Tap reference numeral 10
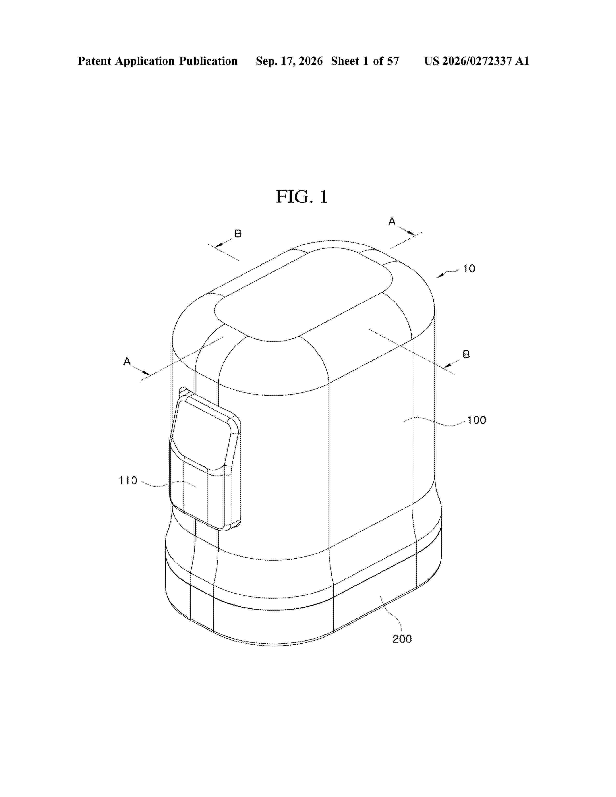[x=469, y=269]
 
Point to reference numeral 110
[x=128, y=481]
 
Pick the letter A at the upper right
[x=392, y=221]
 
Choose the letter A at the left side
[x=127, y=362]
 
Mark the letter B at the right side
[x=466, y=354]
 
